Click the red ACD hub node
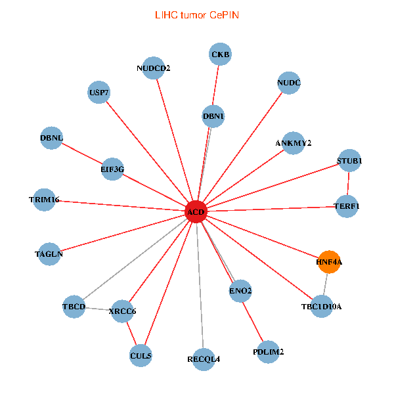196,211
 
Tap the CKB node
221,55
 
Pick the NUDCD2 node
153,68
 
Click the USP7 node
99,93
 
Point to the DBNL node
51,138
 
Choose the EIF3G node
112,169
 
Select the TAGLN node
49,253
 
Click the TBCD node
74,306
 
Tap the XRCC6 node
122,311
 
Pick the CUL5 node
141,355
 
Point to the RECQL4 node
204,359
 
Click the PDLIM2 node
268,352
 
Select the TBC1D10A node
321,306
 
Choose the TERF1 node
347,206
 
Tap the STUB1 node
349,161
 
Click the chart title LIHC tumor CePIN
196,14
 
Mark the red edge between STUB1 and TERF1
348,184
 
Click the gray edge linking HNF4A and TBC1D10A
325,284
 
